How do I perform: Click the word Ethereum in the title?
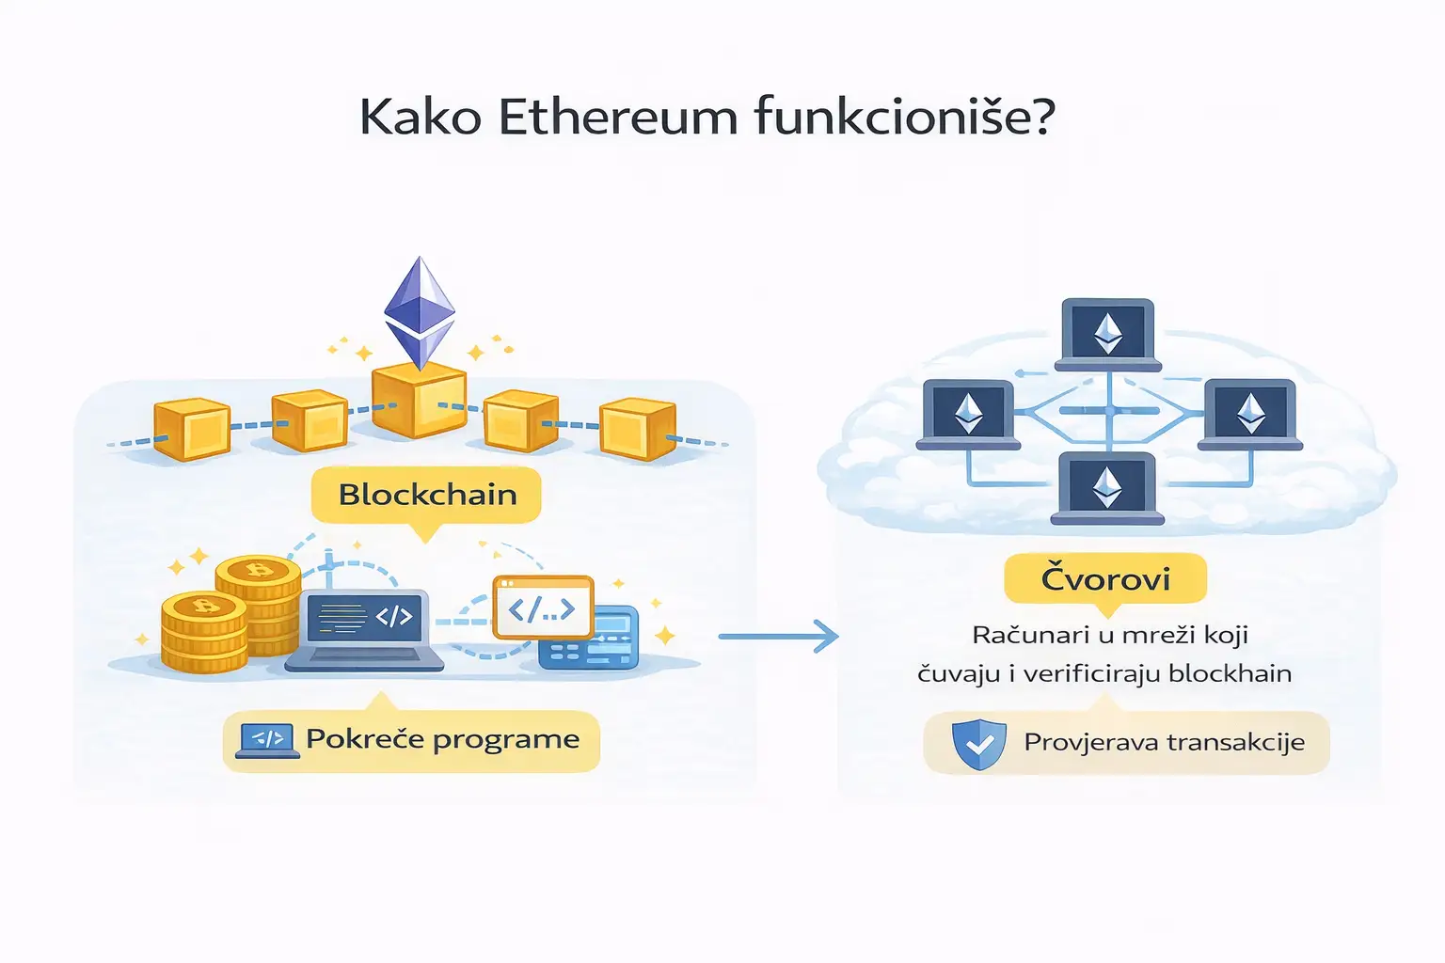(x=617, y=118)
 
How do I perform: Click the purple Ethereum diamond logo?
(x=420, y=310)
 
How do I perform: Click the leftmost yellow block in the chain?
(x=192, y=429)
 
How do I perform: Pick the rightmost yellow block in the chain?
(x=638, y=429)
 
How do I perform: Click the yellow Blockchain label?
(x=427, y=495)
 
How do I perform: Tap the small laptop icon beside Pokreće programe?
(x=267, y=741)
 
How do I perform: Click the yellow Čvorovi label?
(x=1105, y=578)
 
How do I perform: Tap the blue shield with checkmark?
(x=978, y=744)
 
